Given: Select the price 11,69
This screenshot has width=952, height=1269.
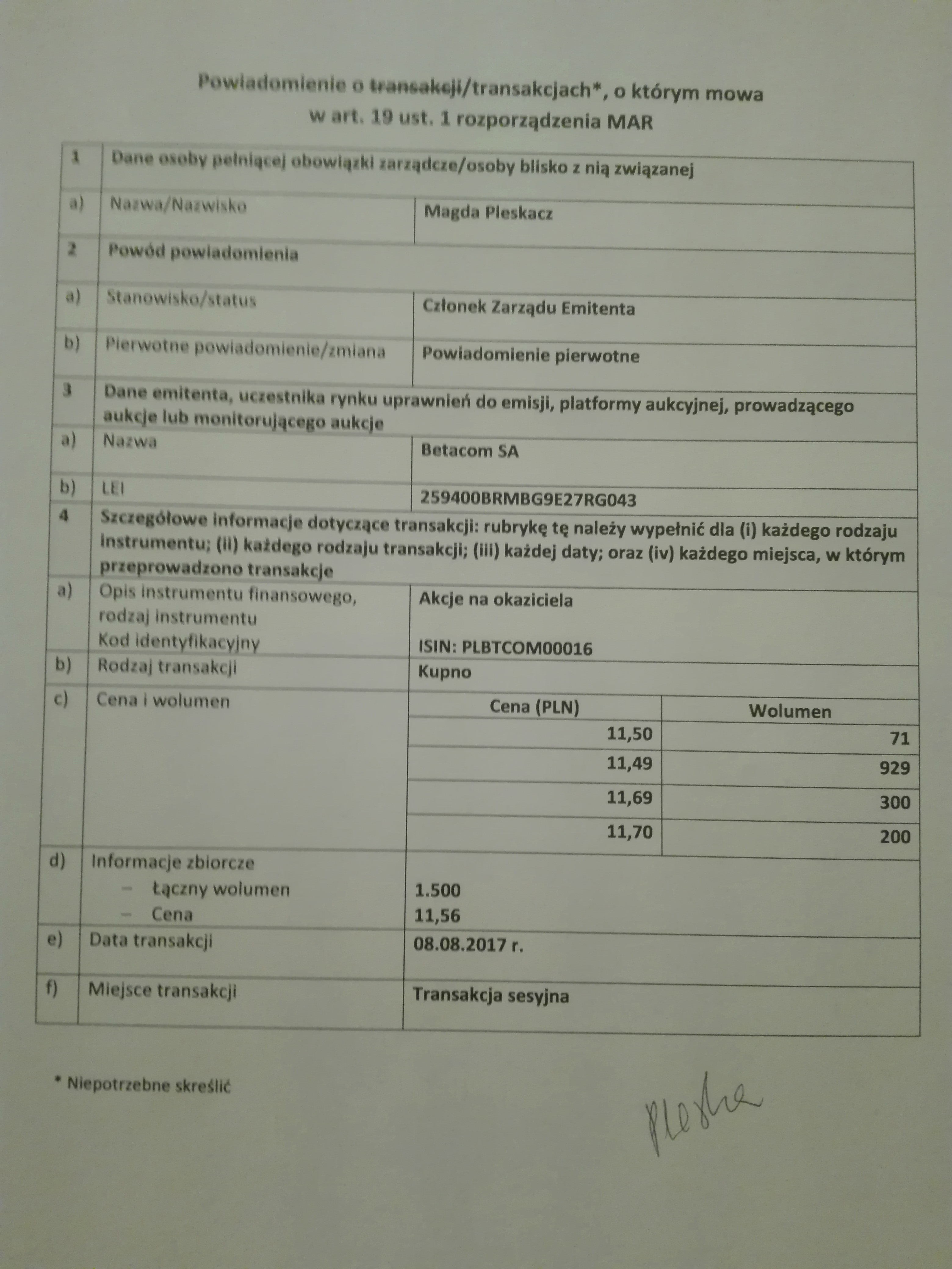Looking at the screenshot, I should pos(629,797).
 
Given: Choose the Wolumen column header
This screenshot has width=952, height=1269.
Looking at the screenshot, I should pos(790,711).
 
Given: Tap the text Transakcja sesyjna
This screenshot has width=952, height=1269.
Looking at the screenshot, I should pos(491,995).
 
